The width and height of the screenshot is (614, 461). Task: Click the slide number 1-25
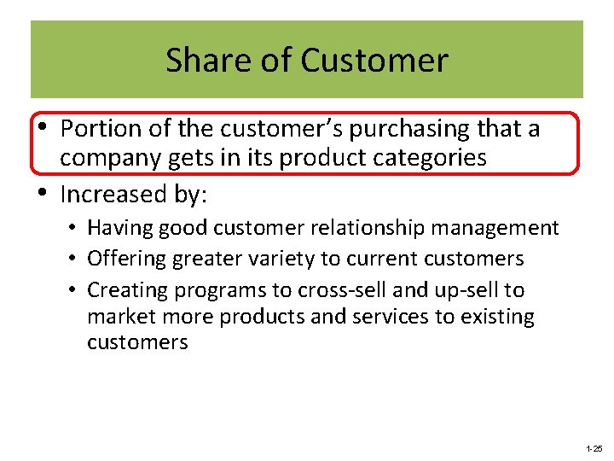(594, 448)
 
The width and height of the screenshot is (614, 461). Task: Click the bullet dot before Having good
(76, 228)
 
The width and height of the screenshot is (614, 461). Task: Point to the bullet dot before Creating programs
(76, 290)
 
